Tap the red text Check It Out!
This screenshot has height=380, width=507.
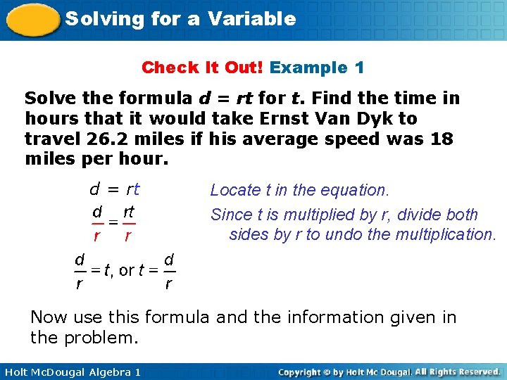click(x=203, y=68)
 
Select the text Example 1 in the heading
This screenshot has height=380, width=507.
click(x=317, y=68)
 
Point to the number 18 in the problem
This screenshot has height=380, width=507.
click(x=442, y=139)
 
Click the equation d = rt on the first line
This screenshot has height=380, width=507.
click(x=114, y=189)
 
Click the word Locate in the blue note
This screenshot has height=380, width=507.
click(x=234, y=190)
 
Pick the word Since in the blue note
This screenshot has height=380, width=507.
click(x=231, y=215)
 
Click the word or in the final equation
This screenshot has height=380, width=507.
click(x=127, y=271)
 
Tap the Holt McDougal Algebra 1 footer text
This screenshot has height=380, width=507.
click(x=71, y=372)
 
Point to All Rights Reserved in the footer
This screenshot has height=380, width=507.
click(x=458, y=372)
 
